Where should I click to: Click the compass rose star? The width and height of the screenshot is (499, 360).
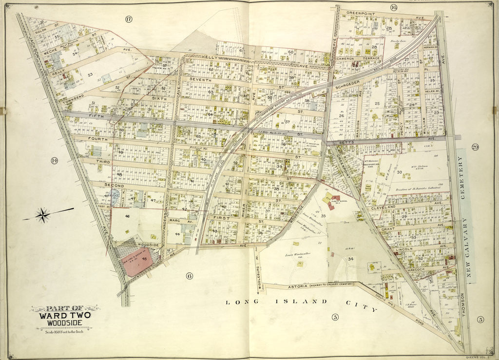coord(43,214)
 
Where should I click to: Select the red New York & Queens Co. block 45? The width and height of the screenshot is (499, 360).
coord(137,262)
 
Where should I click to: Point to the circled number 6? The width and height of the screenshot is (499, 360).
coord(189,276)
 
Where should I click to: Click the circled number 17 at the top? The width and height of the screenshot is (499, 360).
coord(129,19)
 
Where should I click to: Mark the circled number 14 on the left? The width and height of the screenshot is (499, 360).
coord(54,160)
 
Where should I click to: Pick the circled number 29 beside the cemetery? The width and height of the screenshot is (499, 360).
coord(475,147)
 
